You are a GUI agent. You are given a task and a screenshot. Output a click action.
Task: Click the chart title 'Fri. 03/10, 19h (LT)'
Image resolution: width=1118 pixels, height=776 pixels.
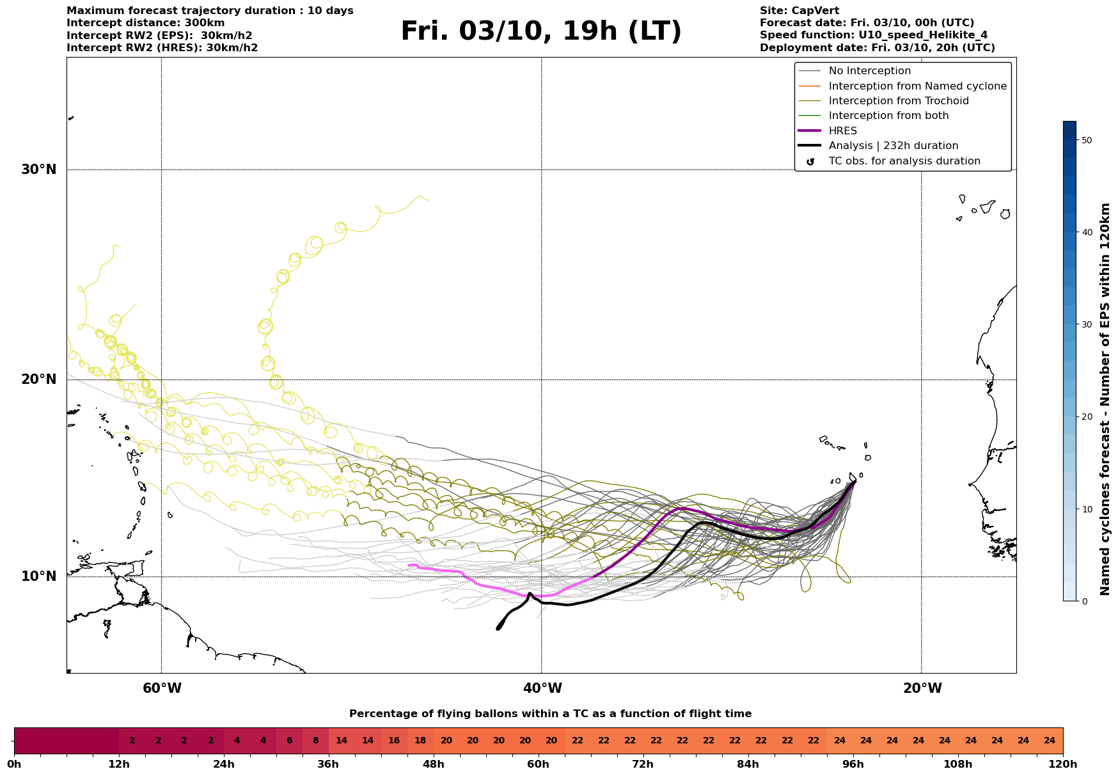click(541, 31)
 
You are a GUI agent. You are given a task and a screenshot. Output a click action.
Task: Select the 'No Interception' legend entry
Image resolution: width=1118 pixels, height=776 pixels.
click(869, 71)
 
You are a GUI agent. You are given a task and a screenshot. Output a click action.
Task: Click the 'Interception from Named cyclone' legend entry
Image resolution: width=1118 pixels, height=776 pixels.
click(917, 86)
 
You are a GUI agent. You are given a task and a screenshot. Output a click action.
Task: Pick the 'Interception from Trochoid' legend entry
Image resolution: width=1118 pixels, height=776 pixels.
click(898, 101)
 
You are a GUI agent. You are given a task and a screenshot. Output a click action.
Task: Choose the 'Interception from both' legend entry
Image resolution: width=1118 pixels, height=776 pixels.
click(888, 116)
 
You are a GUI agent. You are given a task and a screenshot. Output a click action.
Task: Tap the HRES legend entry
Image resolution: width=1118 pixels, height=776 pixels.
click(842, 131)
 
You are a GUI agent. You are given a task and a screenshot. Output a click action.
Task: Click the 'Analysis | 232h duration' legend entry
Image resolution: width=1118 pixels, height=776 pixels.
click(893, 146)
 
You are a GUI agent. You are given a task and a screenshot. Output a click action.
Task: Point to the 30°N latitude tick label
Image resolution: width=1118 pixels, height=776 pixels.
click(38, 170)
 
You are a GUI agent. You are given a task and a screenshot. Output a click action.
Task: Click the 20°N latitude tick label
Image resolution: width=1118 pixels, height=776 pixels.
click(38, 379)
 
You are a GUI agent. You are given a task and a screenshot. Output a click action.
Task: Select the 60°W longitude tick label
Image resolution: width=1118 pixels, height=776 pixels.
click(162, 688)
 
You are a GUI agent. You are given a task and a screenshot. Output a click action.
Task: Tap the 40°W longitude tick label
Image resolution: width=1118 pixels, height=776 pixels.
click(542, 688)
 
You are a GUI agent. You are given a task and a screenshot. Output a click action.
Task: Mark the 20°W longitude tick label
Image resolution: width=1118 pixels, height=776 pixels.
click(922, 688)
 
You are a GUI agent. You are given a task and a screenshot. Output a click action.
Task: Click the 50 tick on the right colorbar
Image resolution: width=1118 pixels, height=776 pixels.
click(1087, 140)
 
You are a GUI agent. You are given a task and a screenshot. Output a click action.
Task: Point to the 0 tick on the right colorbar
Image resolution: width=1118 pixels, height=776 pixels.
click(1084, 601)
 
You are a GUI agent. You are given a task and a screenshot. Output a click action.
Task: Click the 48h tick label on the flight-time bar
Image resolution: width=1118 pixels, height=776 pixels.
click(434, 764)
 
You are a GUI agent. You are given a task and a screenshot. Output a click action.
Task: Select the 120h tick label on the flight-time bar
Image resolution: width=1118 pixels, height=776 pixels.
click(1063, 764)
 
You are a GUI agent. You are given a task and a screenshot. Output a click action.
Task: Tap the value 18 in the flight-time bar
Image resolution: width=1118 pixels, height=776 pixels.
click(420, 741)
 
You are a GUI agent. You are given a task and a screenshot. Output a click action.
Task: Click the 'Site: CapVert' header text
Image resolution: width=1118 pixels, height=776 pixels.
click(799, 11)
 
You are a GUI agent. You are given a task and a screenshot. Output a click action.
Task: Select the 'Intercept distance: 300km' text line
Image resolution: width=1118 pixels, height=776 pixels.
click(145, 23)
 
